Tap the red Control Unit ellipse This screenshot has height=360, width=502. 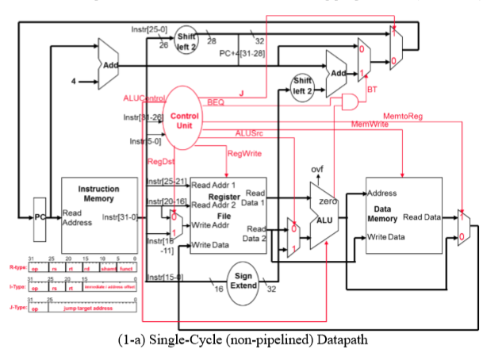point(184,118)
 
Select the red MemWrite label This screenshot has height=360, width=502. point(370,124)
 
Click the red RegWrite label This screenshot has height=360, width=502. point(245,152)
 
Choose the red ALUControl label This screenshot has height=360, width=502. point(143,98)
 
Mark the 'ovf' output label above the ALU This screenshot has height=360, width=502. point(316,170)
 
